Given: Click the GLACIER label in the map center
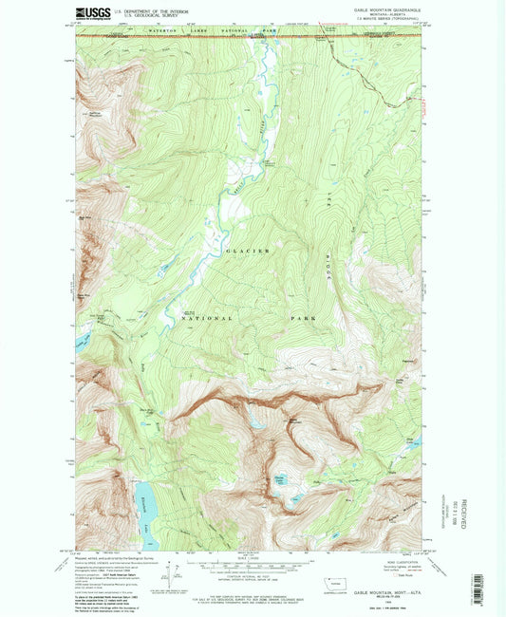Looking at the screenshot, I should tap(248, 251).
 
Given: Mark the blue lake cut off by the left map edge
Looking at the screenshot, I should tap(81, 340).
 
